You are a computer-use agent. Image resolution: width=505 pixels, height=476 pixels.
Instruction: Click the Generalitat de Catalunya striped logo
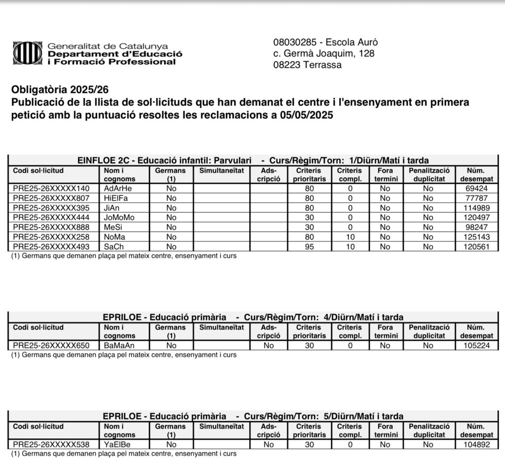point(28,53)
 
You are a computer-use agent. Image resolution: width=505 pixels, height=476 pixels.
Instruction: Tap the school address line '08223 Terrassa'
point(307,65)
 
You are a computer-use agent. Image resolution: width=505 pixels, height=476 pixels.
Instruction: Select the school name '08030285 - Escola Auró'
point(325,42)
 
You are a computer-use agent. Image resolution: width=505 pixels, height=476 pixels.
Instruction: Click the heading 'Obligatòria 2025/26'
point(60,90)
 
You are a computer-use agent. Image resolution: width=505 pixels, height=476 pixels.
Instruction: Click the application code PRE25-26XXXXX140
point(51,188)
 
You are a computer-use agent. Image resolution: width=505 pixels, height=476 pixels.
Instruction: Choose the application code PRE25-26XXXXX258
point(51,237)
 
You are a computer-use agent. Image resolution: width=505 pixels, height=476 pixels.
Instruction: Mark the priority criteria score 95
point(309,246)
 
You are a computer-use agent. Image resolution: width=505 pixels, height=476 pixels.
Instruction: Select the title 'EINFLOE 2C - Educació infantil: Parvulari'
point(165,160)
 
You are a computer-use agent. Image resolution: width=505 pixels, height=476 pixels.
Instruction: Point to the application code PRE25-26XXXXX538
point(51,444)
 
